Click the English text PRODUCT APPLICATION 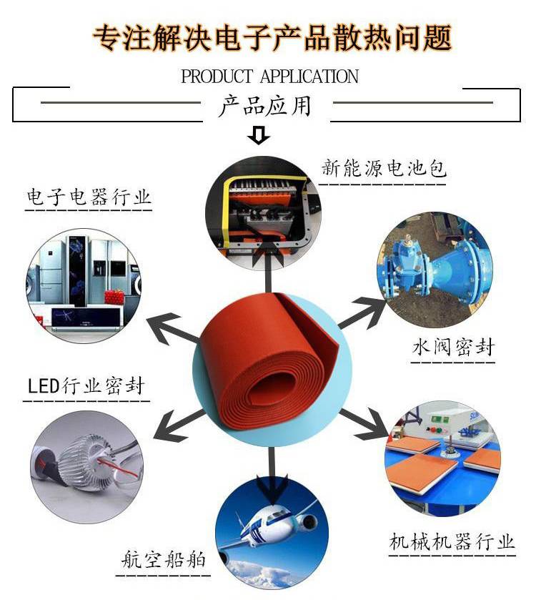pos(269,76)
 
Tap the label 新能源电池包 pos(384,168)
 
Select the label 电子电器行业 pos(89,197)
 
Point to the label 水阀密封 pos(453,347)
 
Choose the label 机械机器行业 pos(452,542)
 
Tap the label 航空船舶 pos(163,560)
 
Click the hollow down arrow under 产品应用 pos(259,135)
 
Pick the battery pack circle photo pos(263,213)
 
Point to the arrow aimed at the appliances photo pos(172,329)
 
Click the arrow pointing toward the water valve pos(363,312)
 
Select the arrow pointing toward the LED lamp pos(179,425)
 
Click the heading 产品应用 pos(264,106)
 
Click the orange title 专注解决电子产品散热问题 pos(272,37)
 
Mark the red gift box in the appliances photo pos(114,297)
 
